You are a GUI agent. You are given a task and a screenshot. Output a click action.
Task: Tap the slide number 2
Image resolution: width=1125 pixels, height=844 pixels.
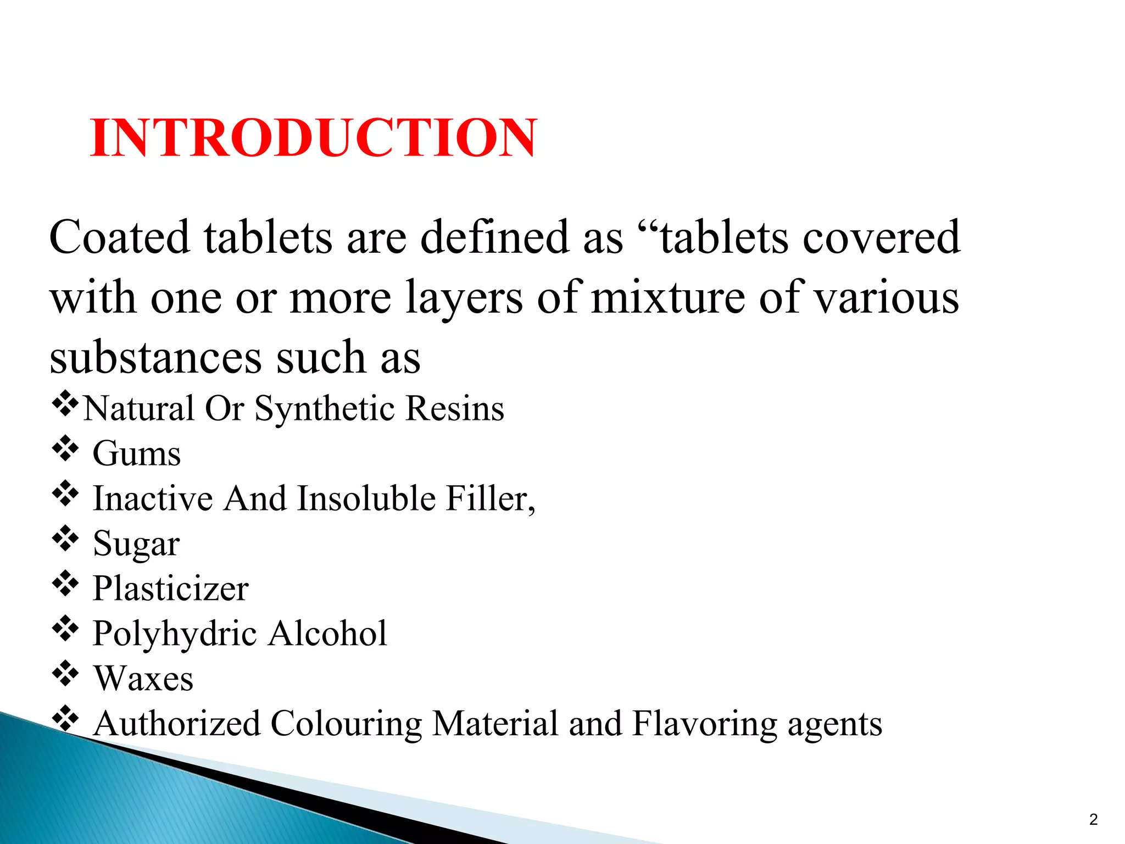coord(1093,819)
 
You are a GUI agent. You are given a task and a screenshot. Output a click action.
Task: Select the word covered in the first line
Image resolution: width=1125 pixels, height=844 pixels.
coord(882,237)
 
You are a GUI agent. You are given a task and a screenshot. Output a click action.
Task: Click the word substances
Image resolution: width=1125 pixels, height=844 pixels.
coord(155,358)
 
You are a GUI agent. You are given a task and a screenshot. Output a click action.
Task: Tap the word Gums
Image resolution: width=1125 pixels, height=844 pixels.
coord(137,454)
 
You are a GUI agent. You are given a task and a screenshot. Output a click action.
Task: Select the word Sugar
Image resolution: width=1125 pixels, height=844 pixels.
coord(136,544)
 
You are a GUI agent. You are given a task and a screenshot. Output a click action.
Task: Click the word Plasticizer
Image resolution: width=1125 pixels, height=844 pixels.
coord(171,588)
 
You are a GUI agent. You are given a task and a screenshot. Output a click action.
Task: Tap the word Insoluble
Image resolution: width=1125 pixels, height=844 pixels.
coord(367,498)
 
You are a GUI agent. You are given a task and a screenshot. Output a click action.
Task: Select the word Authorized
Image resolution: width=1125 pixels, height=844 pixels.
coord(177,724)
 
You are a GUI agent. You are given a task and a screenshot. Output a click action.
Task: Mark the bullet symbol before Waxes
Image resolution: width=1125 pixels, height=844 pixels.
coord(65,674)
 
